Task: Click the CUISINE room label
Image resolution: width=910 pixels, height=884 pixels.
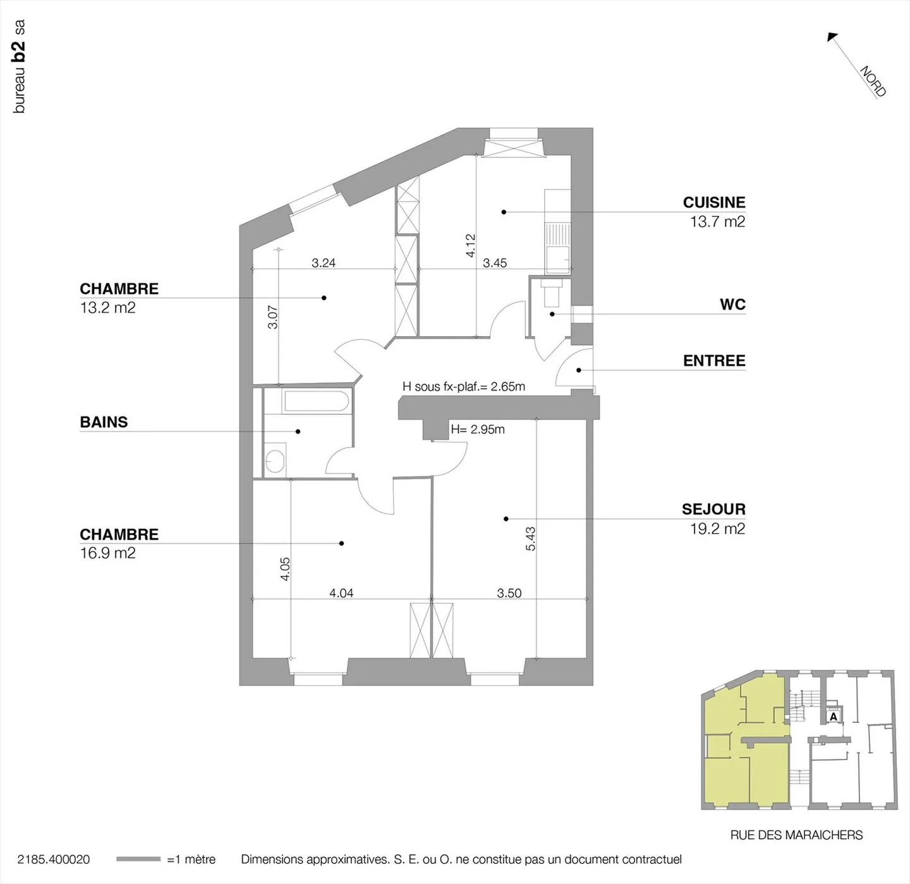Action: [714, 202]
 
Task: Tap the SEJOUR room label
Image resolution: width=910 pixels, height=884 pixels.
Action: [713, 509]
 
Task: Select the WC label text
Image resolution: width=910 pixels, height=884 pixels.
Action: [733, 305]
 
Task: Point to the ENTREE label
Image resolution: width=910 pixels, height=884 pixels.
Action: [714, 360]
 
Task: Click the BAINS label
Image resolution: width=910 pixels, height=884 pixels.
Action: [104, 422]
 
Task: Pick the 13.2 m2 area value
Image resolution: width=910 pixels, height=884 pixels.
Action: [107, 308]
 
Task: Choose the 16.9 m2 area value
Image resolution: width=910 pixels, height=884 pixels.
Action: [107, 553]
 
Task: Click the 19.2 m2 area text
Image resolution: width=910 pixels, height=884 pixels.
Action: [718, 529]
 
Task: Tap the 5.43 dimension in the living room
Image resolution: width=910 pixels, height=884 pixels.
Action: [531, 538]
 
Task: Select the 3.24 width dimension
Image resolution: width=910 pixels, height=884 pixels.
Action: [324, 263]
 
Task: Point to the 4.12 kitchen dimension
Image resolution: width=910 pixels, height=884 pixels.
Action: [471, 245]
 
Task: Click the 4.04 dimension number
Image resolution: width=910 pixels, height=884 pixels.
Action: [341, 593]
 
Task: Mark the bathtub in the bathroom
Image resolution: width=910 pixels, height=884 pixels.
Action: [316, 401]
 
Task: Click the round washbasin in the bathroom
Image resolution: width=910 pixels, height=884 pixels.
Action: [275, 461]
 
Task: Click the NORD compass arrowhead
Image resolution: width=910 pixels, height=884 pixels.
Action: [832, 37]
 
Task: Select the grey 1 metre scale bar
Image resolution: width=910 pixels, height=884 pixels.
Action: [138, 859]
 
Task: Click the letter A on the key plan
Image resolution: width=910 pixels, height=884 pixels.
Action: [834, 717]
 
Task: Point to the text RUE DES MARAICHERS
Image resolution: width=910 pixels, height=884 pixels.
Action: [796, 835]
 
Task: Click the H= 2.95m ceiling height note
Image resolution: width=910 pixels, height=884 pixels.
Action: [478, 429]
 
